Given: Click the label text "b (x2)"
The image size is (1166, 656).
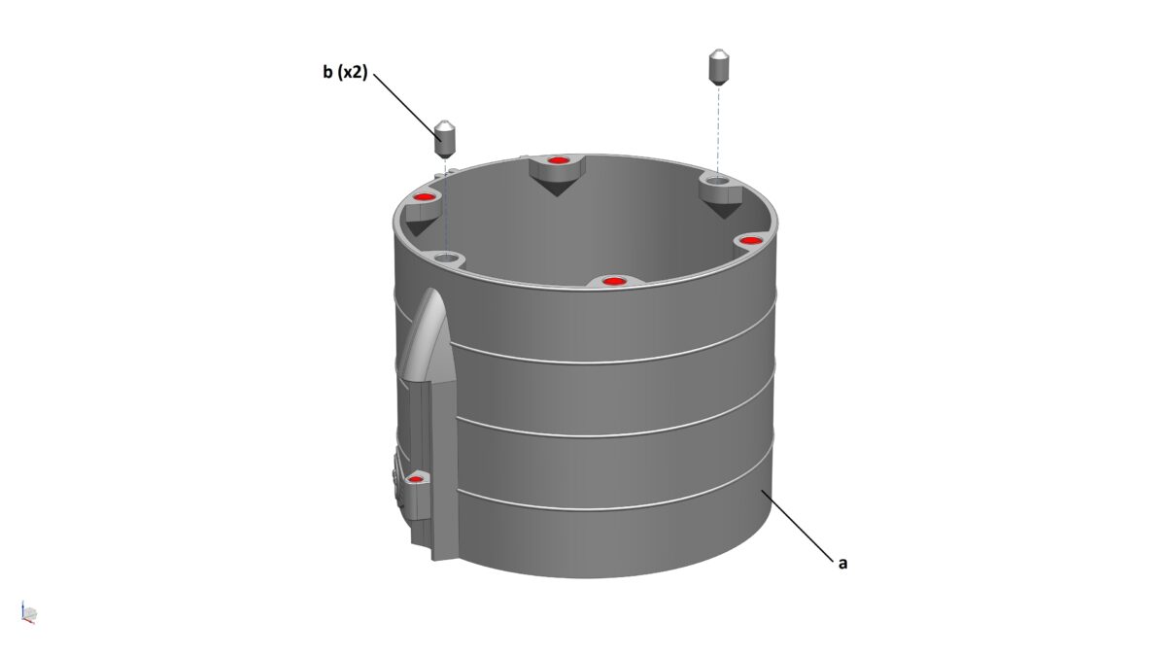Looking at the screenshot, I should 345,72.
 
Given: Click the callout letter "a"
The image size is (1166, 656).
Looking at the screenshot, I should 842,563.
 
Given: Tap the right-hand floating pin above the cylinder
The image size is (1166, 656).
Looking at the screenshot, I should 718,66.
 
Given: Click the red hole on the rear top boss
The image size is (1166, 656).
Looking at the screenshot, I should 556,160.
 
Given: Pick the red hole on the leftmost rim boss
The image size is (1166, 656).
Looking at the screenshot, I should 424,198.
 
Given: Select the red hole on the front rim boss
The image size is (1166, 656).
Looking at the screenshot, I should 611,282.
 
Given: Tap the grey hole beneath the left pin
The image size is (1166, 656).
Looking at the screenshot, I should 446,259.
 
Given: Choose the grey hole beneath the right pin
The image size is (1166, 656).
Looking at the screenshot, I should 716,181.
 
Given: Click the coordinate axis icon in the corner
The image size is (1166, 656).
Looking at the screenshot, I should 28,612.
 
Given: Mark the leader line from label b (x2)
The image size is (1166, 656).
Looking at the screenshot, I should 403,102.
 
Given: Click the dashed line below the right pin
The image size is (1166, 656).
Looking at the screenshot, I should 717,126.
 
